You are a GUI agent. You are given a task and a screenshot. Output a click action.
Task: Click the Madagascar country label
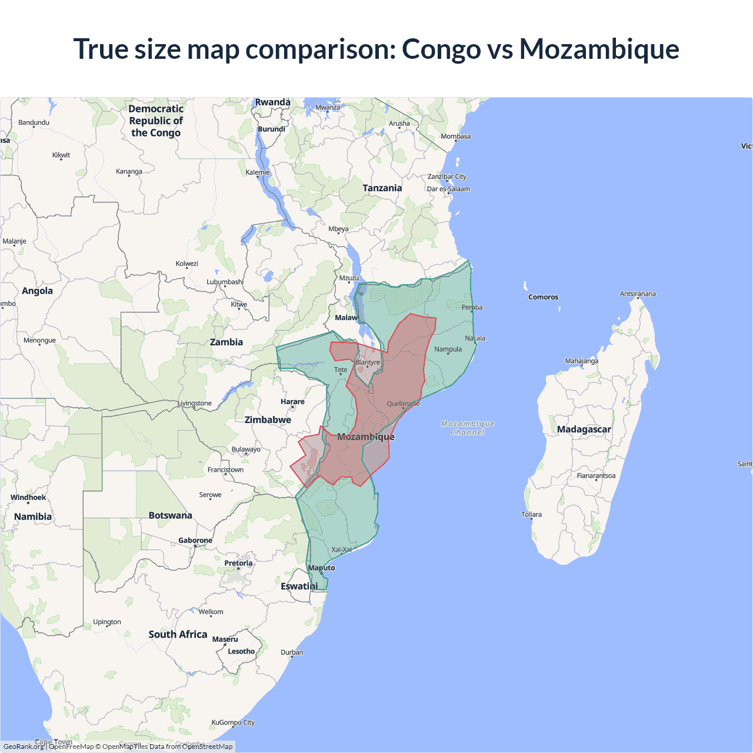[584, 429]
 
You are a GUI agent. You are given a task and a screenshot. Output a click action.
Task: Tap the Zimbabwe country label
[268, 420]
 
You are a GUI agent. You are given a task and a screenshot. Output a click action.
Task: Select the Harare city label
[292, 402]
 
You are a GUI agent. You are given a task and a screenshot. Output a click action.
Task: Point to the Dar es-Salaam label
[448, 189]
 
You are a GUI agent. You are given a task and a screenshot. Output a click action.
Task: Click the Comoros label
[543, 297]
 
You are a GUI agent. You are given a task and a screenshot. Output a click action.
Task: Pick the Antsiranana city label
[638, 294]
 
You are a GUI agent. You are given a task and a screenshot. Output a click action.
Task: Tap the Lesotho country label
[241, 651]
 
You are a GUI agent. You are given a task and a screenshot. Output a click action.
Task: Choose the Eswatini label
[299, 587]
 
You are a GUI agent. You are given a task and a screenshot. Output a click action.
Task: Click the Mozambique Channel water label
[468, 428]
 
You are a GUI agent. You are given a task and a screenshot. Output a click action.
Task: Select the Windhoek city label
[28, 498]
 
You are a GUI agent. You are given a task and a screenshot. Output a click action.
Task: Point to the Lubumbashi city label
[225, 282]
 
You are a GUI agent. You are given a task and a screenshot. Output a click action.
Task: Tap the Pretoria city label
[238, 563]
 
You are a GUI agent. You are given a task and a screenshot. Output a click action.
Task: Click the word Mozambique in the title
[599, 49]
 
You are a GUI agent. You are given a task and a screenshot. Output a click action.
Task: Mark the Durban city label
[292, 652]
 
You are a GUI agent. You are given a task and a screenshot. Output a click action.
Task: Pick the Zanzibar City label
[447, 176]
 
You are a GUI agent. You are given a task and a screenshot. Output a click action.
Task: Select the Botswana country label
[170, 515]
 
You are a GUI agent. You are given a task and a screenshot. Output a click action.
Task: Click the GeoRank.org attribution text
[24, 747]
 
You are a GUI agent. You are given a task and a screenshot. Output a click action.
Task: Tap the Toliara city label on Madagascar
[531, 514]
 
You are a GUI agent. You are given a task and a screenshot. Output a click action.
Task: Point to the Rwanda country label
[272, 102]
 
